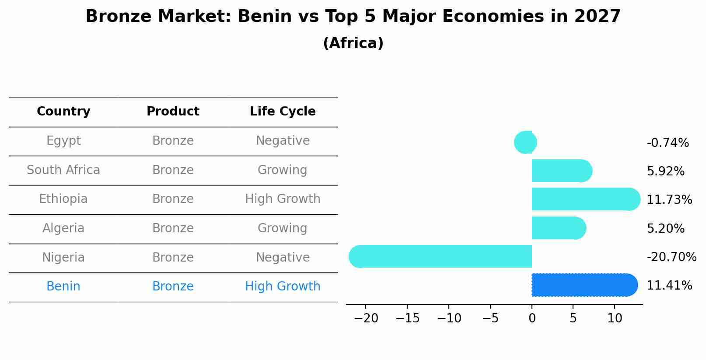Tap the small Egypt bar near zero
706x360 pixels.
tap(525, 142)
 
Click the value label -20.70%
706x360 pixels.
tap(671, 257)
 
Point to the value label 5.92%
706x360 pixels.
tap(665, 171)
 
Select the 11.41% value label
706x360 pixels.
tap(669, 286)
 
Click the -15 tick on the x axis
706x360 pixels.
tap(407, 318)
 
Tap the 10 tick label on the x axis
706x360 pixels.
tap(615, 318)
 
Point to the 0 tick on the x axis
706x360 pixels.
tap(532, 318)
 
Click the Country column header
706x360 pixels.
tap(63, 112)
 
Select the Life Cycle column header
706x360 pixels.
tap(283, 112)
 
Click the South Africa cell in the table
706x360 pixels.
tap(63, 170)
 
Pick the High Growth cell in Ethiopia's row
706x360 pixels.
tap(283, 199)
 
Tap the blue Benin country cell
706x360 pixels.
tap(63, 287)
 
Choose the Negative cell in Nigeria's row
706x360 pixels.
tap(283, 258)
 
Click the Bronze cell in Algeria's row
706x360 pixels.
tap(173, 228)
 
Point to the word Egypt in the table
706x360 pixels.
tap(63, 141)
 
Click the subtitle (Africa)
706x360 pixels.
tap(353, 43)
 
